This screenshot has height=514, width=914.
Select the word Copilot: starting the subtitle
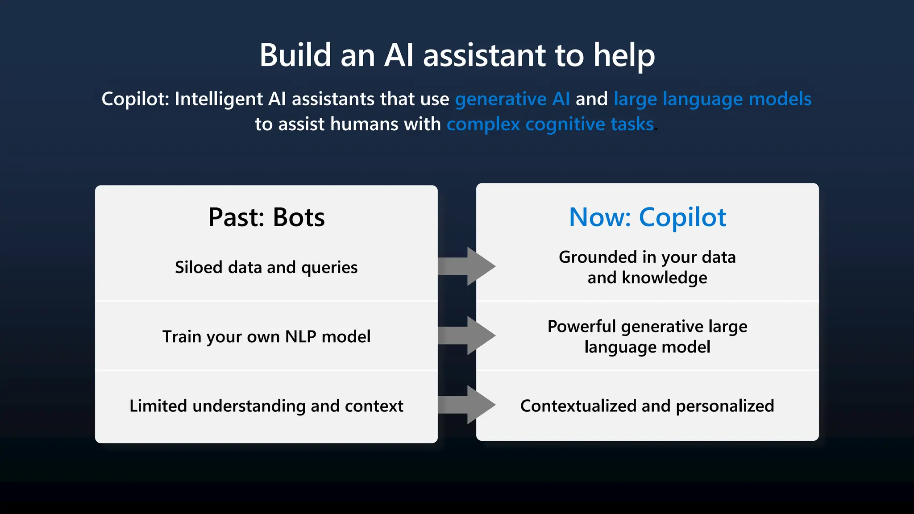coord(135,99)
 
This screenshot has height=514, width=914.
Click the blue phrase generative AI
coord(512,99)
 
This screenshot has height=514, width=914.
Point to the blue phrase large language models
coord(712,99)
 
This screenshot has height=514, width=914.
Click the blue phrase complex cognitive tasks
coord(550,124)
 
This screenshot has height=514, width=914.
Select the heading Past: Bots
coord(266,217)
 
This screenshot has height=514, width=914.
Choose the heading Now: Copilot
coord(647,217)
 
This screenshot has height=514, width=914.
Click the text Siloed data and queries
coord(266,267)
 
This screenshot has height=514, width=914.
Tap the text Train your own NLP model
coord(266,336)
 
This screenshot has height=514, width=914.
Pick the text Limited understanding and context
coord(266,406)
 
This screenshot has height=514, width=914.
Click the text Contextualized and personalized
coord(647,406)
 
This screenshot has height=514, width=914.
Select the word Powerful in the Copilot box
coord(581,326)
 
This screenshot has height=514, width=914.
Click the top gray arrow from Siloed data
coord(466,266)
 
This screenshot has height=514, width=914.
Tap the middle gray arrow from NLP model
coord(466,336)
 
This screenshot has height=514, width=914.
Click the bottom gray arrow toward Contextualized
coord(466,405)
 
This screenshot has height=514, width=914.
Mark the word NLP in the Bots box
coord(300,336)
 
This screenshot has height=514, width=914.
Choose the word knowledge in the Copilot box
coord(664,278)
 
